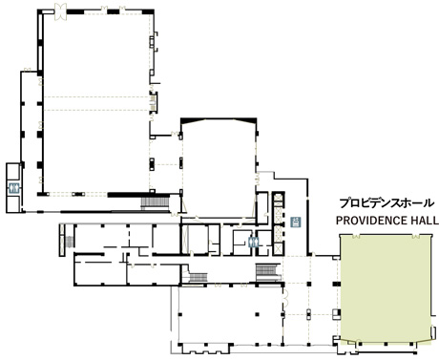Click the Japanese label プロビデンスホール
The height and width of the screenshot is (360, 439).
[387, 202]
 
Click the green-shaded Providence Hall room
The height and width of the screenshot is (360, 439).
[386, 289]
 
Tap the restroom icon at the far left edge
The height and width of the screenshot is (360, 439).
[13, 188]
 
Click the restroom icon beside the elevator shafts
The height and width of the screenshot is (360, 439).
[254, 243]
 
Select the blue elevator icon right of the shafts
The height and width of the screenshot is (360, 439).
[296, 222]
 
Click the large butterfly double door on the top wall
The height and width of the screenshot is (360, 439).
[60, 11]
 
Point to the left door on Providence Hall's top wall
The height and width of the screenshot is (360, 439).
[356, 236]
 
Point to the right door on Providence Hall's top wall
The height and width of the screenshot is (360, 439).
[416, 236]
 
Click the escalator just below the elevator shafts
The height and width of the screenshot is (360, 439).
[268, 271]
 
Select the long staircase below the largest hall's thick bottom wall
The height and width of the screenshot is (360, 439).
[155, 202]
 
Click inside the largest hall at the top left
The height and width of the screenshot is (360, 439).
[95, 102]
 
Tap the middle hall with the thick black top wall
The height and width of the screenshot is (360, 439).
[219, 169]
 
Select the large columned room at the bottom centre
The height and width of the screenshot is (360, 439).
[231, 315]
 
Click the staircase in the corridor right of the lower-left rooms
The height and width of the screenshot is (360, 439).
[199, 277]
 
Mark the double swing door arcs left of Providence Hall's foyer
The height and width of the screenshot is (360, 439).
[285, 298]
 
